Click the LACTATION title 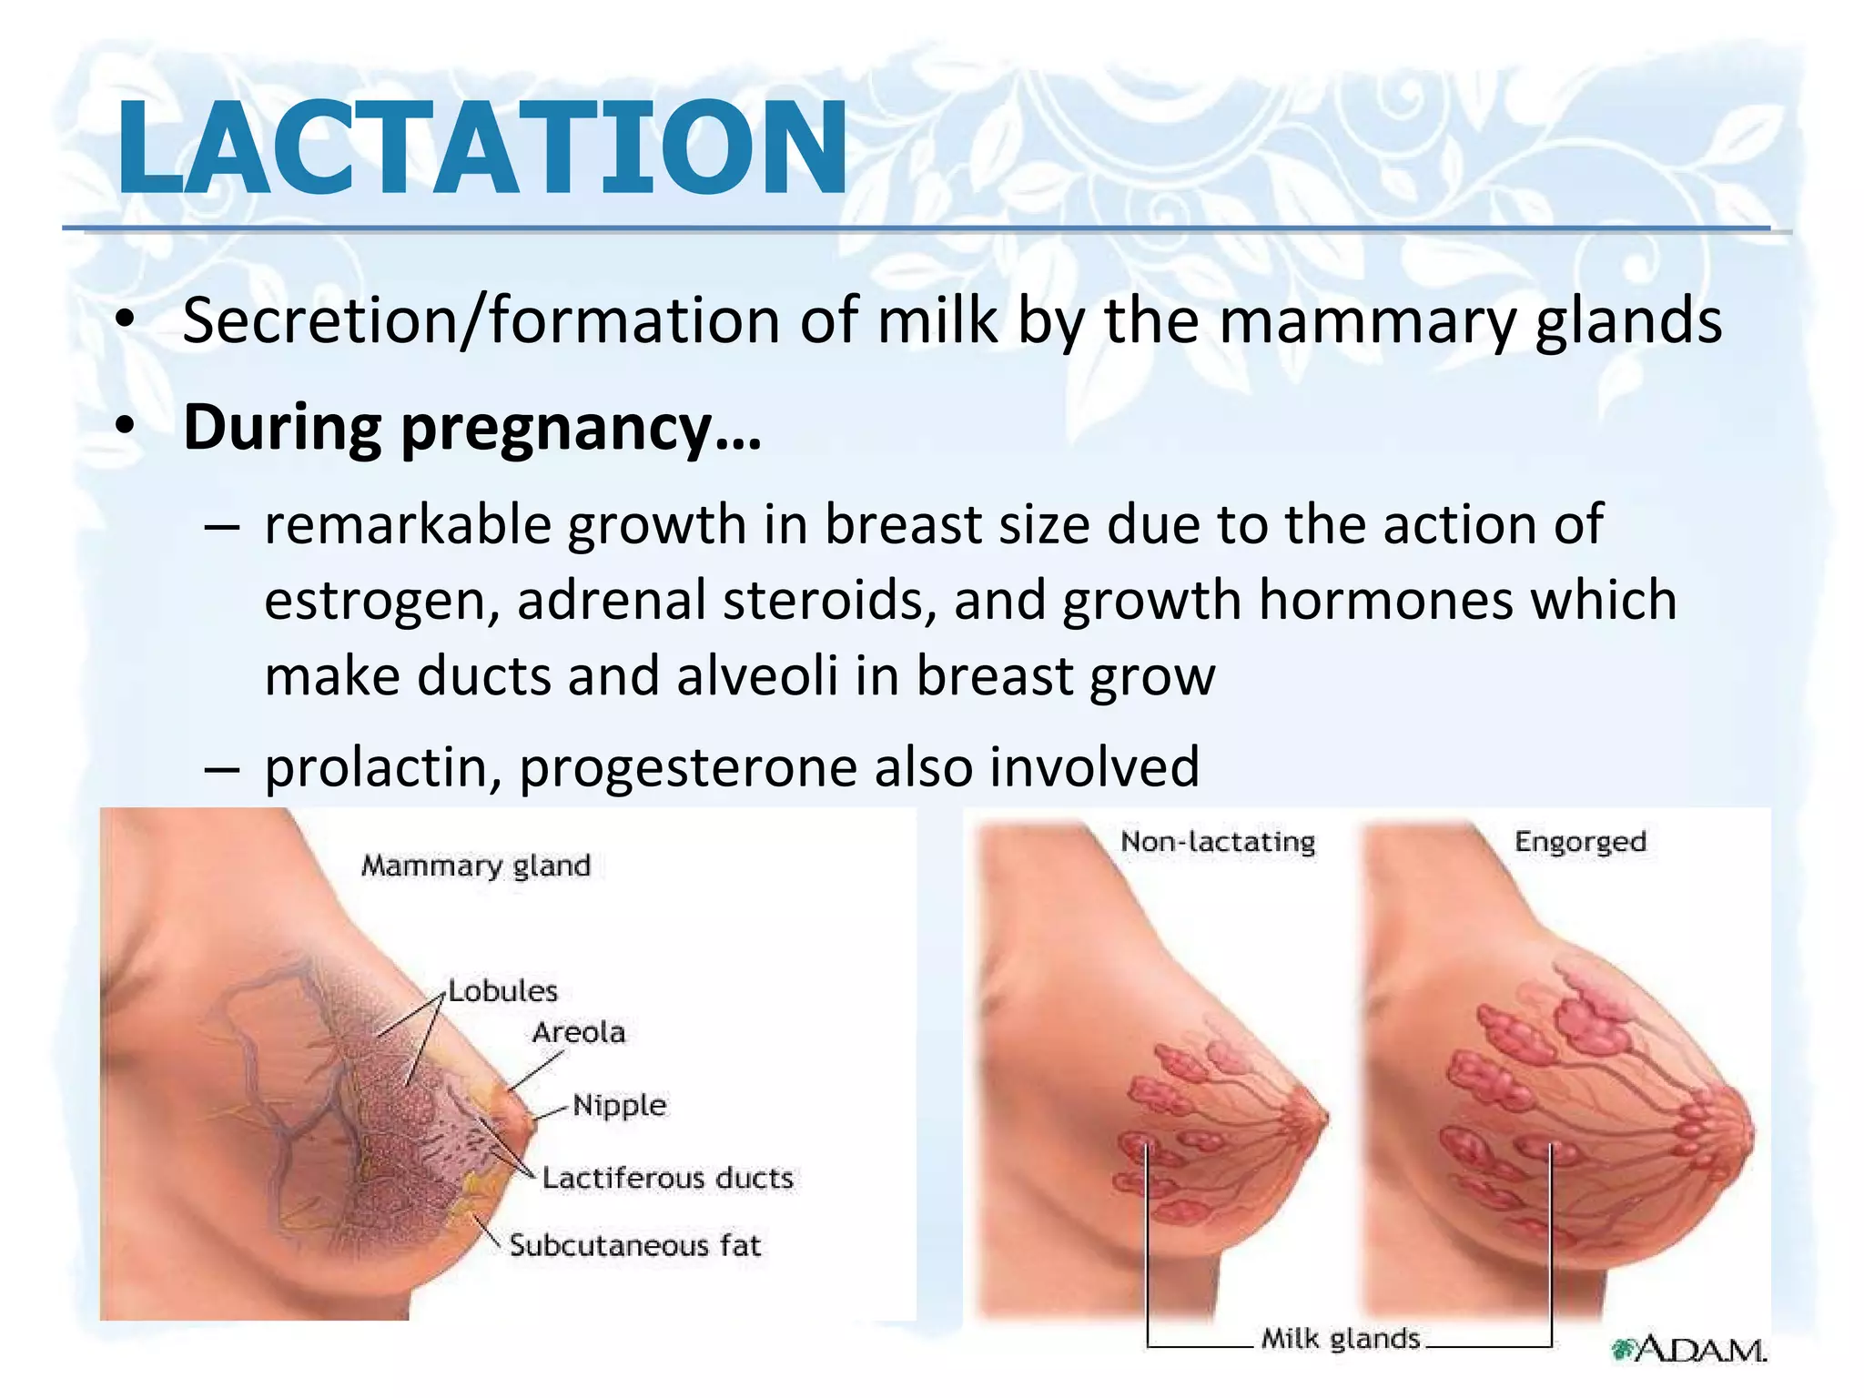click(x=482, y=147)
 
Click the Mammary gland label click(x=476, y=865)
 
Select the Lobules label click(x=502, y=990)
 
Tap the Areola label click(x=579, y=1032)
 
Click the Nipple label click(x=620, y=1105)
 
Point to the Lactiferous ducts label click(x=668, y=1178)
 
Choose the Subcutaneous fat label click(x=634, y=1245)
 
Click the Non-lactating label click(x=1218, y=841)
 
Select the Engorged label click(x=1580, y=841)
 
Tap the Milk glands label click(x=1340, y=1339)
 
